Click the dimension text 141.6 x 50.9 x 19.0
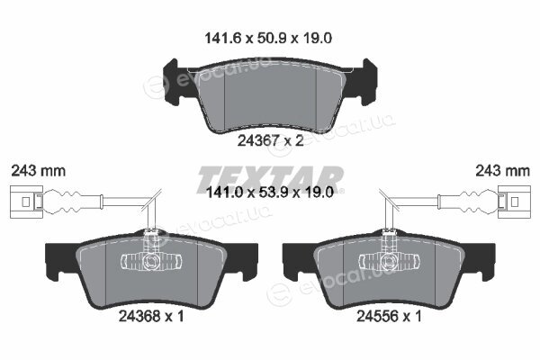coord(268,38)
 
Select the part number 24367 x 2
coord(270,140)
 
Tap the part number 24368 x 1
coord(151,316)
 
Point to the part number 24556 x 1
coord(389,316)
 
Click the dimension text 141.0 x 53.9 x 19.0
coord(269,193)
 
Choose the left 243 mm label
coord(38,170)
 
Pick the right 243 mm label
coord(502,170)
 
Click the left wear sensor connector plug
coord(26,202)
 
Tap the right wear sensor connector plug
coord(515,202)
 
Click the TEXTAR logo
coord(270,179)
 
